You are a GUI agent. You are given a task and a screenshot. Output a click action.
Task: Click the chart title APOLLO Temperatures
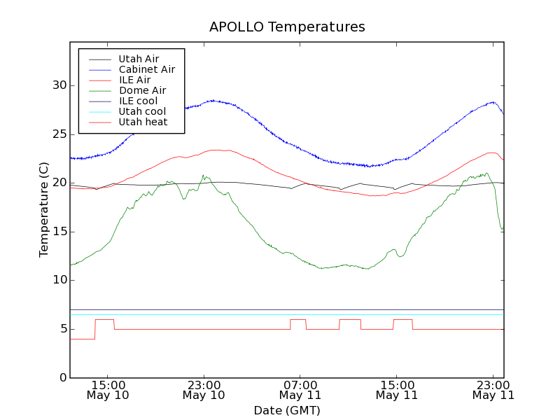[x=287, y=27]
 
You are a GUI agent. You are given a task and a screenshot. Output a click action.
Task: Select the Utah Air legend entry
[x=139, y=59]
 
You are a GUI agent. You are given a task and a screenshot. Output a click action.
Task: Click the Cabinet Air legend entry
[x=146, y=69]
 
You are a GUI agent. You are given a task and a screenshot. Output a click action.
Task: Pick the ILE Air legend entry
[x=134, y=80]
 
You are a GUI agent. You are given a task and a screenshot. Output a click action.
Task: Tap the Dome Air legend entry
[x=142, y=90]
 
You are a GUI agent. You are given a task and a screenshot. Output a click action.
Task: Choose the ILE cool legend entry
[x=138, y=101]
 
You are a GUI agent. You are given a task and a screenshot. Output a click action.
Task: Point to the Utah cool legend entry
[x=142, y=111]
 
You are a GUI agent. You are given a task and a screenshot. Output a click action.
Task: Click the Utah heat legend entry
[x=142, y=122]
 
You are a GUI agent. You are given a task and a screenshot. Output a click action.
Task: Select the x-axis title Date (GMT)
[x=287, y=410]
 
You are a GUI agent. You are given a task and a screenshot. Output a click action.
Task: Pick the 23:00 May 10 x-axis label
[x=204, y=390]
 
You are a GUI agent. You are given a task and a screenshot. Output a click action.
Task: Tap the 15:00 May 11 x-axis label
[x=397, y=390]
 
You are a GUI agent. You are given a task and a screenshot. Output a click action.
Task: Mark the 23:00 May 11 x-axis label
[x=493, y=390]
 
